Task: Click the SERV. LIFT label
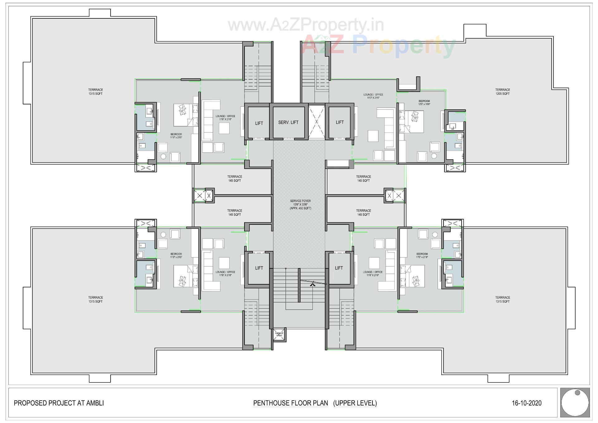tap(288, 122)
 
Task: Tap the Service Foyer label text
tap(300, 204)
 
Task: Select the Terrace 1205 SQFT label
tap(502, 92)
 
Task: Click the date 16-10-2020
tap(526, 403)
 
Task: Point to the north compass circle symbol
tap(575, 402)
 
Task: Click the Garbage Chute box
tap(279, 334)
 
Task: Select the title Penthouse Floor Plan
tap(290, 403)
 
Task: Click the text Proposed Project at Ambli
tap(59, 403)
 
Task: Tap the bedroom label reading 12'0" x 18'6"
tap(424, 103)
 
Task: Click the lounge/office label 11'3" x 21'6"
tap(373, 96)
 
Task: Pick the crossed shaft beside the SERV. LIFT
tap(316, 122)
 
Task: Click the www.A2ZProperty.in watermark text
tap(306, 25)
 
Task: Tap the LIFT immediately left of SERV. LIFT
tap(259, 123)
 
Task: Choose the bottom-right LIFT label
tap(339, 268)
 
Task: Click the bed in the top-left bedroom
tap(186, 115)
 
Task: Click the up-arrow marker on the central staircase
tap(312, 283)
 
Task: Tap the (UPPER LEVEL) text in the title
tap(355, 403)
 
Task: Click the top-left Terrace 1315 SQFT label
tap(95, 92)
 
